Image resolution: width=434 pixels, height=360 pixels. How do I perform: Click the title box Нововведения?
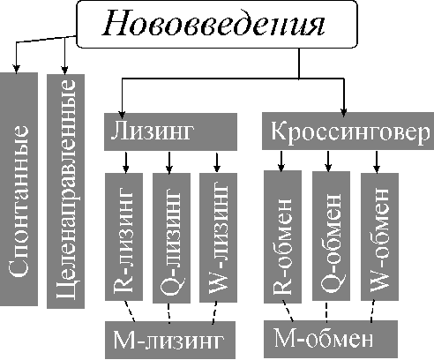[x=217, y=24]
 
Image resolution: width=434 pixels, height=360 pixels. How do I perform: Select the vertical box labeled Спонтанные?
[x=19, y=189]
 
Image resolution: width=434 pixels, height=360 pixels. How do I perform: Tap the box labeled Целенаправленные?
[x=65, y=191]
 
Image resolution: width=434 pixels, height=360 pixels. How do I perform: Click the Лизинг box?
[x=170, y=131]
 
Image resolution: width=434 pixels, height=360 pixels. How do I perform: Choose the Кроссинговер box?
[x=348, y=131]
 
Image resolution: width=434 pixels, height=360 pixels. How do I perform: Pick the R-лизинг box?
[x=123, y=236]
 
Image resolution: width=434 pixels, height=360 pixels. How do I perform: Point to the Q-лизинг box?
[x=171, y=238]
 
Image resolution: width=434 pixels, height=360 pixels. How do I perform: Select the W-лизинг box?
[x=218, y=237]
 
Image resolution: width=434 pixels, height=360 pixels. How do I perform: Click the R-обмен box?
[x=282, y=236]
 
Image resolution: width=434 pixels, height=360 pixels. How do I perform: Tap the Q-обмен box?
[x=331, y=236]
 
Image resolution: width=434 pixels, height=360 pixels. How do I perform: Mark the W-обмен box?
[x=379, y=236]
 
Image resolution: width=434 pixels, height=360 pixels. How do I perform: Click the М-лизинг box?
[x=170, y=340]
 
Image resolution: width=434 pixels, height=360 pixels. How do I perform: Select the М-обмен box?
[x=331, y=339]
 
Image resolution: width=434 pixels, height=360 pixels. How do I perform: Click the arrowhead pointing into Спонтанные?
[x=17, y=69]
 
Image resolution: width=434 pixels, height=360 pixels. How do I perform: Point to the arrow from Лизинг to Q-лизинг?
[x=168, y=162]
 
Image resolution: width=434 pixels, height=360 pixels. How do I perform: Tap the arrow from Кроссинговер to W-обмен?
[x=377, y=161]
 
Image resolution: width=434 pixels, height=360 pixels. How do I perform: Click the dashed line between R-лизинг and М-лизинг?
[x=130, y=311]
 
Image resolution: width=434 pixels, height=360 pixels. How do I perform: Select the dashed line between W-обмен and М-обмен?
[x=372, y=311]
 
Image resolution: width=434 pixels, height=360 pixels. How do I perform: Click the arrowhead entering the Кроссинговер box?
[x=344, y=112]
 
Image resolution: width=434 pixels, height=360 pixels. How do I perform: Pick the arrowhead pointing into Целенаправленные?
[x=64, y=70]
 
